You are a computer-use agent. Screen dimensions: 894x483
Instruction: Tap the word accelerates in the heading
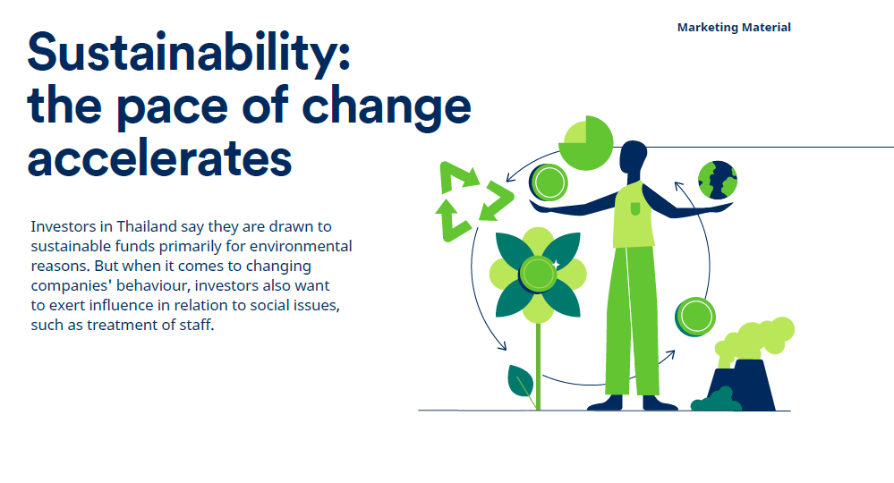159,157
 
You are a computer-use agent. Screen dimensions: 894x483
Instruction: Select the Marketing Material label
734,28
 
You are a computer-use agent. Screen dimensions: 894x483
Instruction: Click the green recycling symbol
474,200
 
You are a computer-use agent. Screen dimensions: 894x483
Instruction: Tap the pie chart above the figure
585,142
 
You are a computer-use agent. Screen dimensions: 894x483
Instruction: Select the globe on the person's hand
717,180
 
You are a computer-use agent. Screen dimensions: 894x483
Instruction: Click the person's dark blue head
633,157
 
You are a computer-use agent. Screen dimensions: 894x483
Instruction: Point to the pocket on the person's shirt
635,209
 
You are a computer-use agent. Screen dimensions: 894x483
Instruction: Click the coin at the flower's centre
538,275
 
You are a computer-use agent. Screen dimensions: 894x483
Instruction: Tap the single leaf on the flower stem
521,381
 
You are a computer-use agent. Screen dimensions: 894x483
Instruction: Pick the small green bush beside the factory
716,400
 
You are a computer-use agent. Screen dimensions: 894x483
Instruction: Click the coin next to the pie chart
548,182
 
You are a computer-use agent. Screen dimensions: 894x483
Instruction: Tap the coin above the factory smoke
695,317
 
